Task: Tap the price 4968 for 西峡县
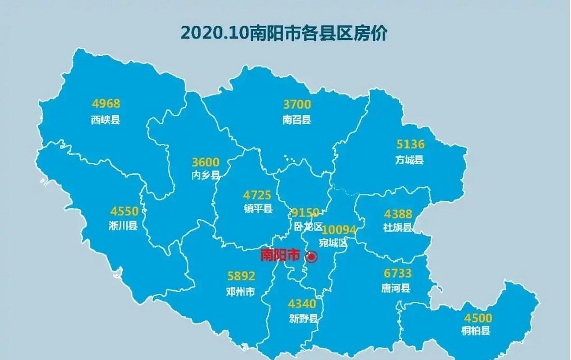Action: [106, 104]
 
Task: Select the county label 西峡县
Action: [106, 120]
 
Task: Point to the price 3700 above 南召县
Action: [297, 104]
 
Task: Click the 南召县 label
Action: [297, 120]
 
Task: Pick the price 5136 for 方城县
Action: [410, 144]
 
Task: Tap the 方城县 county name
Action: [409, 160]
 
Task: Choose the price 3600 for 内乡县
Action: [206, 162]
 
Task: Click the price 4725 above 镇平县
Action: [257, 195]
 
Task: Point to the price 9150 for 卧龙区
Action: [305, 212]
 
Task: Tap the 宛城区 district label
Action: [333, 243]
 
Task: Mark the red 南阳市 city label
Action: [280, 255]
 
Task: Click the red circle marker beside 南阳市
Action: [311, 256]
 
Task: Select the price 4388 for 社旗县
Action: [398, 214]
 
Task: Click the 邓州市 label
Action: [241, 292]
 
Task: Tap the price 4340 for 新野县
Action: [302, 304]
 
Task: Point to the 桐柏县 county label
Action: [476, 331]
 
